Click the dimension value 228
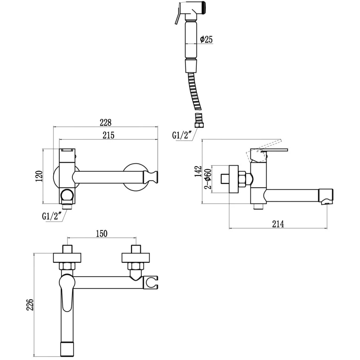(x=106, y=122)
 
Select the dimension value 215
(x=108, y=135)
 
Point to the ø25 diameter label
(x=206, y=40)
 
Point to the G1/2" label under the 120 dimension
(x=52, y=216)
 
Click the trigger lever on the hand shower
(x=178, y=17)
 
